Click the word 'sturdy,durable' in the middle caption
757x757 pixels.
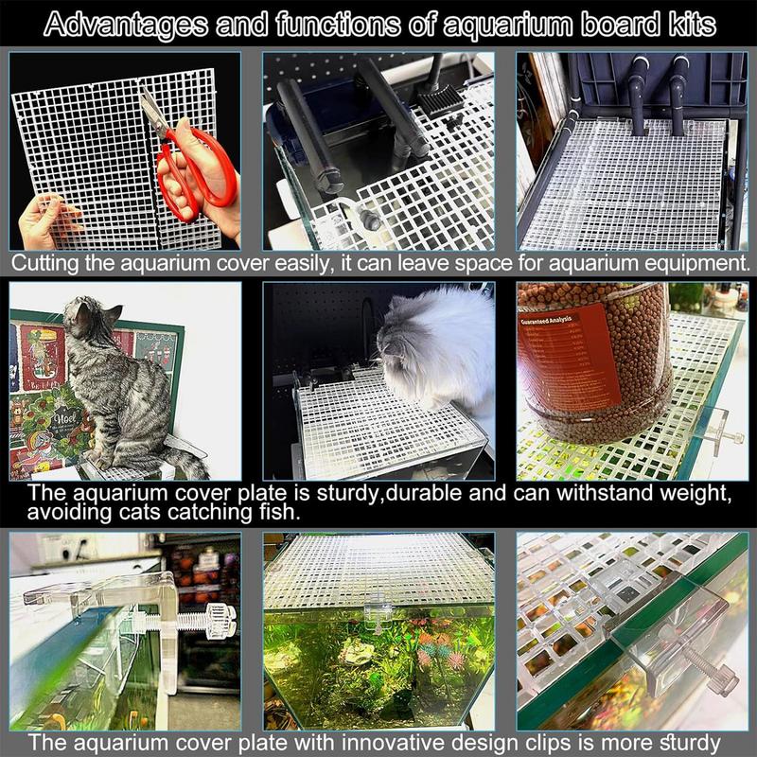pos(369,494)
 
